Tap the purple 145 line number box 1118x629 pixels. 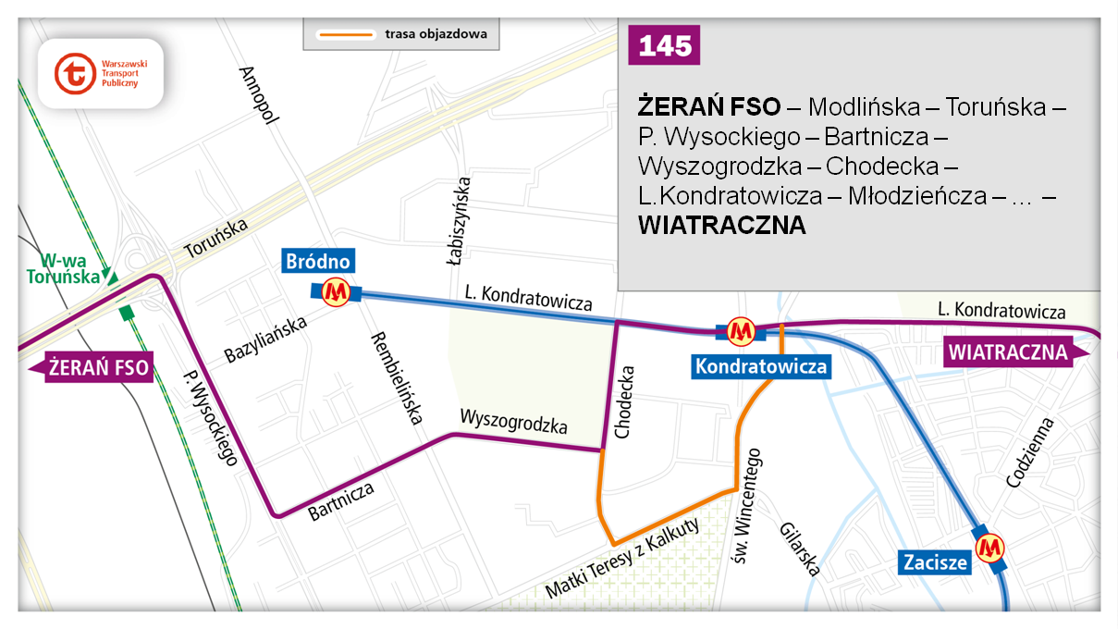[663, 46]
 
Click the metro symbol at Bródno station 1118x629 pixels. [336, 292]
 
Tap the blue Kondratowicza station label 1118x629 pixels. [761, 367]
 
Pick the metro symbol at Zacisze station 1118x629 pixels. [992, 549]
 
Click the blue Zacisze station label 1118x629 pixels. [936, 561]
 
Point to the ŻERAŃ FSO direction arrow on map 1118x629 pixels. [92, 367]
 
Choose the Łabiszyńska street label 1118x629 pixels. [460, 220]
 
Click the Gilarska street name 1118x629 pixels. [800, 545]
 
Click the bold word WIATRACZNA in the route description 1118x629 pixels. [721, 226]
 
